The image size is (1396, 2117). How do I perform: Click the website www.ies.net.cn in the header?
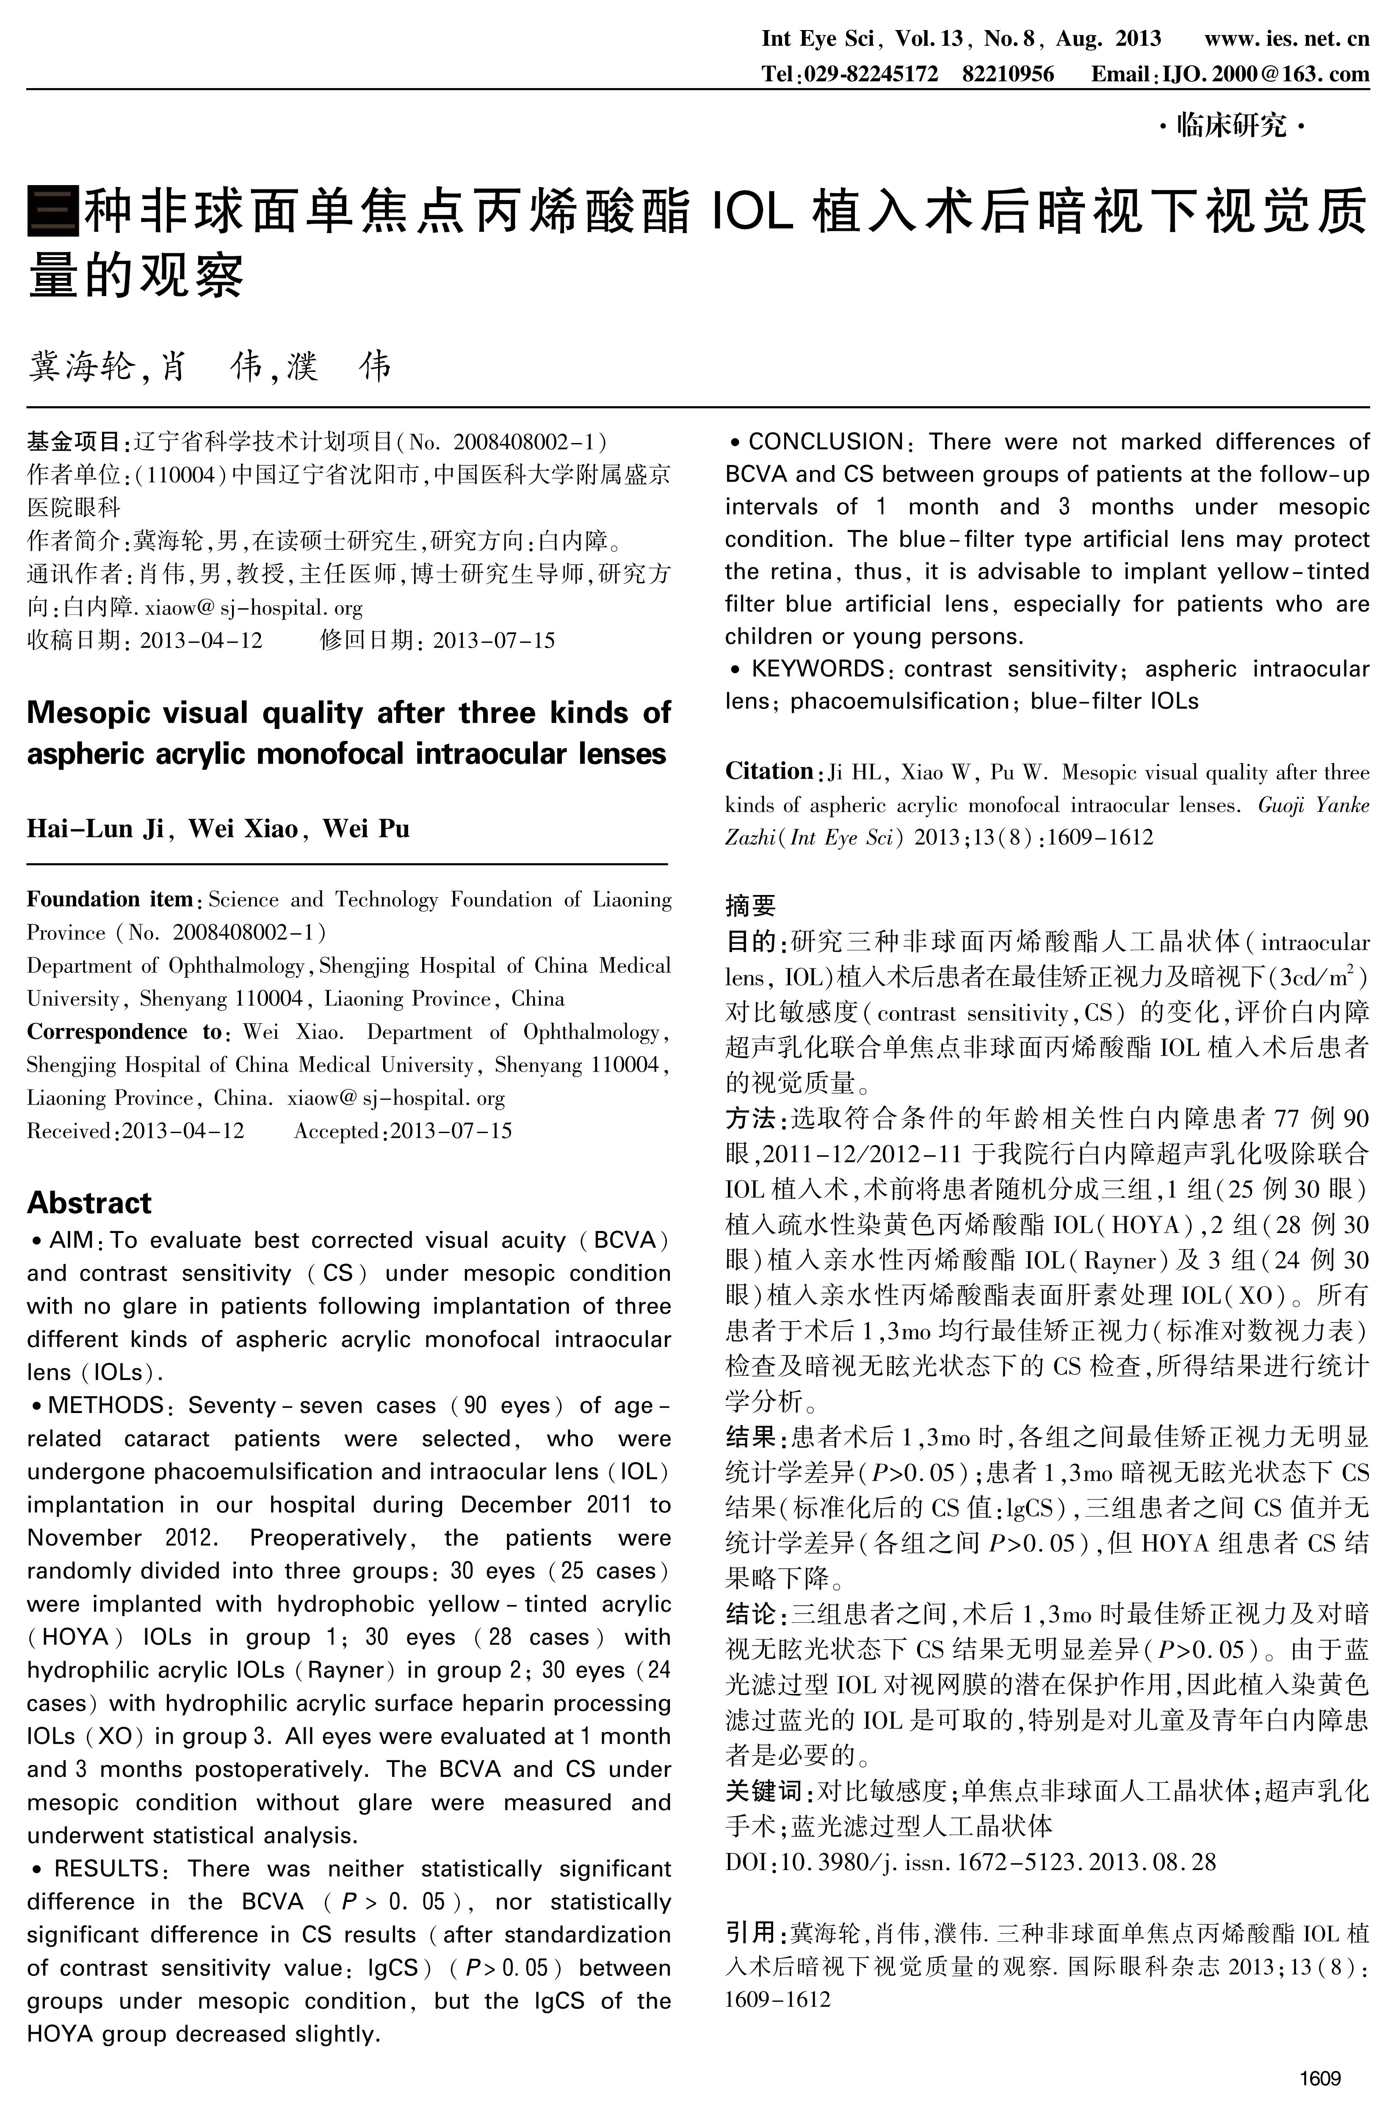click(x=1286, y=38)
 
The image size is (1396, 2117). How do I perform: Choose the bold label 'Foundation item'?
click(x=110, y=900)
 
